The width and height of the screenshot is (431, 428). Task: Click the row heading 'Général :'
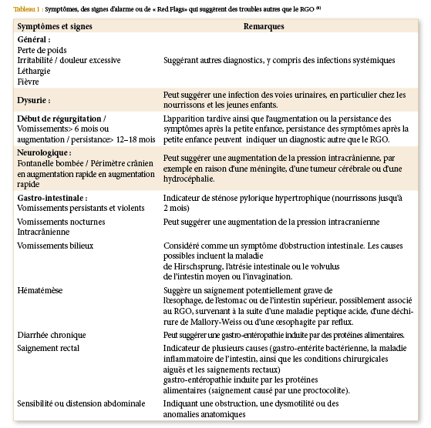[34, 38]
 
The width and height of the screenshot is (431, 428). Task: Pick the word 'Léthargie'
[35, 69]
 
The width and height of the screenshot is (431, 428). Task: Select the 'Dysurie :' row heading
[34, 99]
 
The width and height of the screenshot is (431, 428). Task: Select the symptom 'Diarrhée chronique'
[52, 336]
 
